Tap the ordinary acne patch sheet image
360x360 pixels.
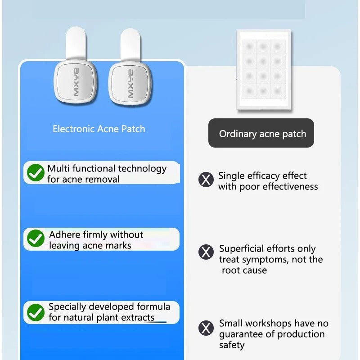point(264,70)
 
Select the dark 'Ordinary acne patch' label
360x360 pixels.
point(261,133)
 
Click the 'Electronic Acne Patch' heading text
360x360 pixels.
point(99,129)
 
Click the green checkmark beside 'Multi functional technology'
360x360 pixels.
point(36,173)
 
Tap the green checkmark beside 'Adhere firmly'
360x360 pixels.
point(36,239)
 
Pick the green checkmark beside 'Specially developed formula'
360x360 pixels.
point(36,312)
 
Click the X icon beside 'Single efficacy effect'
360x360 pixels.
point(206,180)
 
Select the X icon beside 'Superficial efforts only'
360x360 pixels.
point(206,252)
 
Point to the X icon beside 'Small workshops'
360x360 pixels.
point(206,328)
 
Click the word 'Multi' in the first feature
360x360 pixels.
point(58,169)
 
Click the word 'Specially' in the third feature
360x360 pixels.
point(67,307)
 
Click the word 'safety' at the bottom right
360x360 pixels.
point(232,345)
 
